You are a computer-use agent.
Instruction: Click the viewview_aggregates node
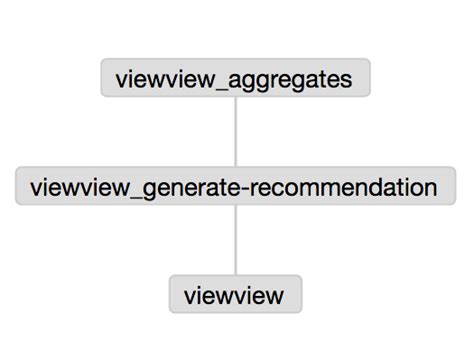click(x=235, y=78)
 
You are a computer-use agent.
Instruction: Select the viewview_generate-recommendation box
click(x=234, y=187)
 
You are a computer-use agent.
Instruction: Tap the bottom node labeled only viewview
click(x=235, y=294)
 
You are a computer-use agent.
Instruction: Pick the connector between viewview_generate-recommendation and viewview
click(x=235, y=240)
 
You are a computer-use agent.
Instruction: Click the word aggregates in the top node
click(x=295, y=79)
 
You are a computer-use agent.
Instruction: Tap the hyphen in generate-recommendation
click(x=244, y=188)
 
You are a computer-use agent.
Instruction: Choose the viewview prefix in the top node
click(x=167, y=78)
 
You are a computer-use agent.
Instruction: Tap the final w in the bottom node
click(x=276, y=295)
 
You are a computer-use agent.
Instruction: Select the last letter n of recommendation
click(x=430, y=187)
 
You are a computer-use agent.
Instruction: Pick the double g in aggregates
click(x=261, y=81)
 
